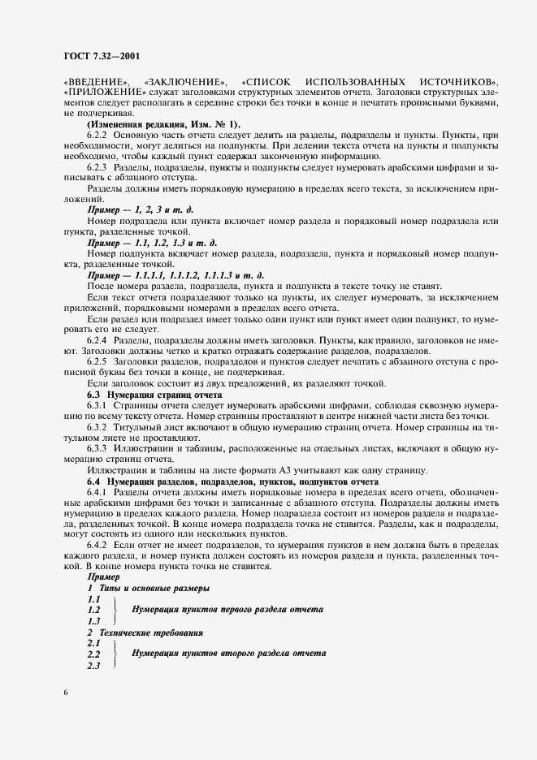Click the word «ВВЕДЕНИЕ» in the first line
pos(95,84)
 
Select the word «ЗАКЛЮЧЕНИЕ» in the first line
pos(184,84)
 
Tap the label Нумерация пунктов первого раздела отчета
pos(227,608)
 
